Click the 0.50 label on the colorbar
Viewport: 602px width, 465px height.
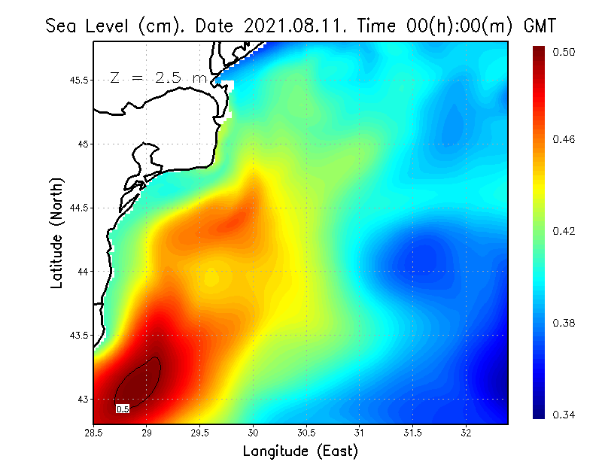pos(565,52)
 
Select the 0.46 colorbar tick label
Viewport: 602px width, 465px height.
pos(565,140)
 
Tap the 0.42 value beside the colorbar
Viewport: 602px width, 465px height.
pos(565,231)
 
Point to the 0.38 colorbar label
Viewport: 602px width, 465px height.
pos(565,324)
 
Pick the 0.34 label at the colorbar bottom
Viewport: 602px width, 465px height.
pos(565,415)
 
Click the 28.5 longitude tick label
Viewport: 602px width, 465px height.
pos(94,433)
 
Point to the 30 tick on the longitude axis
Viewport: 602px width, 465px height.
pos(254,433)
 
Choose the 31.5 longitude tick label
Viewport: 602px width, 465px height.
pos(412,433)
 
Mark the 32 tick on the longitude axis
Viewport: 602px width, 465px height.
pos(466,433)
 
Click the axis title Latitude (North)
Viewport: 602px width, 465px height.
pos(57,232)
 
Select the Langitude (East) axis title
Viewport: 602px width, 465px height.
pos(300,451)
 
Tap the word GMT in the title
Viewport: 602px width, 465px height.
pos(539,26)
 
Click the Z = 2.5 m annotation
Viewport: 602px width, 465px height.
pos(158,77)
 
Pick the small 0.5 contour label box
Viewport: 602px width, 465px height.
pos(123,409)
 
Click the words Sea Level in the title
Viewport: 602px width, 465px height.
pos(88,26)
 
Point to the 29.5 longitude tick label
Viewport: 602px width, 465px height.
pos(200,433)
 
